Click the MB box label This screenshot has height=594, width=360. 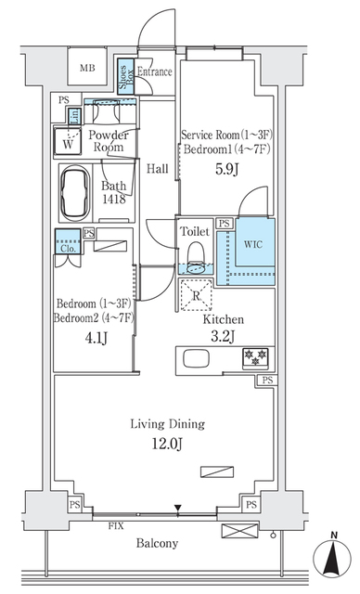point(86,69)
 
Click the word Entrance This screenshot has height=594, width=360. point(154,71)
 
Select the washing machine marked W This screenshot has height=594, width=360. point(68,143)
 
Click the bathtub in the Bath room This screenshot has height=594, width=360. point(77,191)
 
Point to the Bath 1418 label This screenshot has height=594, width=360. point(115,192)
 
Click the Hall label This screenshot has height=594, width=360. point(157,169)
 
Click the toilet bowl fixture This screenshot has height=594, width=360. point(195,255)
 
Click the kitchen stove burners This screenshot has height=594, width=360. point(255,356)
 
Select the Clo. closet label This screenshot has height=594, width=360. point(68,248)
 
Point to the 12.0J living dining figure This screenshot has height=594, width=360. point(167,442)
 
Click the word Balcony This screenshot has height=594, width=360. point(166,543)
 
